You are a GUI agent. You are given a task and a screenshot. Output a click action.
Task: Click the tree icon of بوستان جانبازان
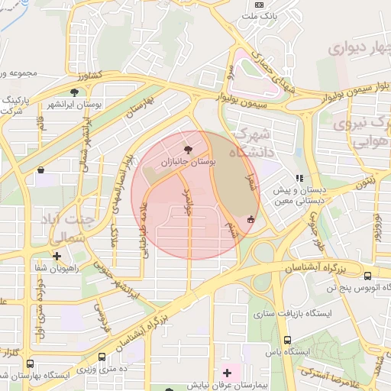click(x=189, y=149)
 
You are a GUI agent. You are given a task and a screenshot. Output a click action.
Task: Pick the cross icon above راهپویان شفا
click(x=57, y=256)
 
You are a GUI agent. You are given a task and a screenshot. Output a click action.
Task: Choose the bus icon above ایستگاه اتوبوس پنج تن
click(x=368, y=276)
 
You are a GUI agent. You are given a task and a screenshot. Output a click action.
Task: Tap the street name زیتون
click(x=364, y=183)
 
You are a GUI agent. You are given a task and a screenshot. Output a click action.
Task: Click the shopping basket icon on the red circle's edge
click(x=250, y=220)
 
